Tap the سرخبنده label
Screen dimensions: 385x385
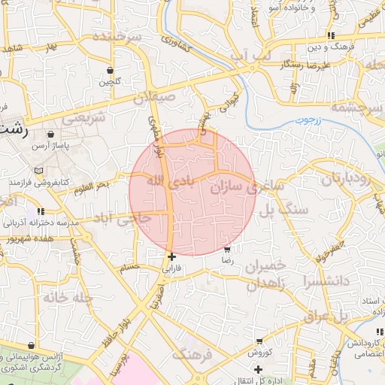(x=114, y=37)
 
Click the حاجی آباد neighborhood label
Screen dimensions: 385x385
(x=123, y=218)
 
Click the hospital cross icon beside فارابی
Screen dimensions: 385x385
(x=172, y=256)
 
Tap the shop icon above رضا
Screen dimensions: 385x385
(x=228, y=249)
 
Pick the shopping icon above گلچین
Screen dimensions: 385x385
(x=111, y=70)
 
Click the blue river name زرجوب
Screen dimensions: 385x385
(x=307, y=120)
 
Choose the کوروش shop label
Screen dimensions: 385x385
(x=258, y=353)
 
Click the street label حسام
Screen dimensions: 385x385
(x=130, y=267)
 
